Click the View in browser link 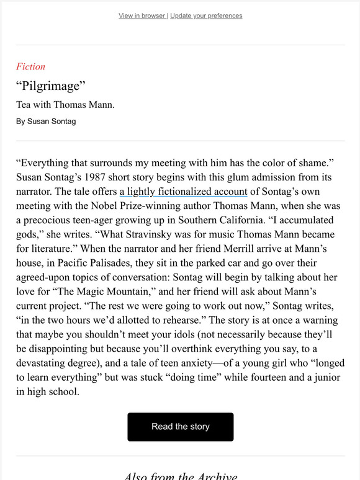tap(142, 16)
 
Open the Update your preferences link tap(206, 16)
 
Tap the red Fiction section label tap(31, 67)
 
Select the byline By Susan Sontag tap(47, 122)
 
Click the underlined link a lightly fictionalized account tap(184, 192)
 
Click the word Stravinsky tap(150, 235)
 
